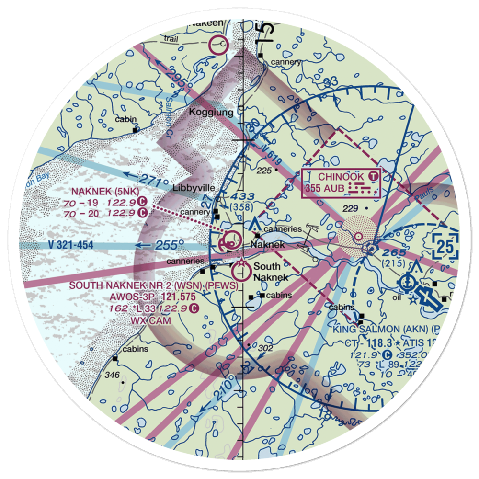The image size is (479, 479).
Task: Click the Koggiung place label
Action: pos(211,113)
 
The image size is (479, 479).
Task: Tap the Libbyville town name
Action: pos(192,188)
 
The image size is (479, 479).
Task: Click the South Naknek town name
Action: pos(271,272)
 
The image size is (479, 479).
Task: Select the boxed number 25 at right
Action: pos(445,247)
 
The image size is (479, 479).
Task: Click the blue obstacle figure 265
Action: pos(394,253)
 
